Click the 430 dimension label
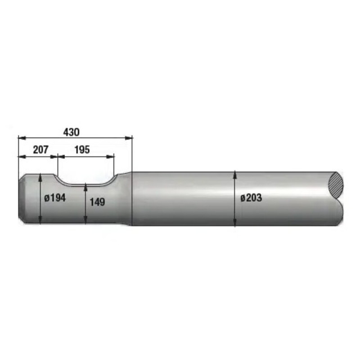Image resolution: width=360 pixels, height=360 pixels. (x=71, y=132)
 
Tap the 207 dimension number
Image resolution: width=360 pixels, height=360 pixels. (x=40, y=150)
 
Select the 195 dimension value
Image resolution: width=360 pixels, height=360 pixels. (x=82, y=150)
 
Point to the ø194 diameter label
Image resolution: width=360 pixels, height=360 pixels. (x=55, y=198)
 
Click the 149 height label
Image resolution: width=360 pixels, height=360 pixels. (x=97, y=202)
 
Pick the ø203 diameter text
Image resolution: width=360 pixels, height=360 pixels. (x=251, y=198)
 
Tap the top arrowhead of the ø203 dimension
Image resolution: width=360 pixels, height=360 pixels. (x=234, y=175)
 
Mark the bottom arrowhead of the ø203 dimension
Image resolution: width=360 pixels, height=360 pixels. (x=234, y=222)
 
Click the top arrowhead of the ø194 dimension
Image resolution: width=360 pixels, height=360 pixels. (x=40, y=177)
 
